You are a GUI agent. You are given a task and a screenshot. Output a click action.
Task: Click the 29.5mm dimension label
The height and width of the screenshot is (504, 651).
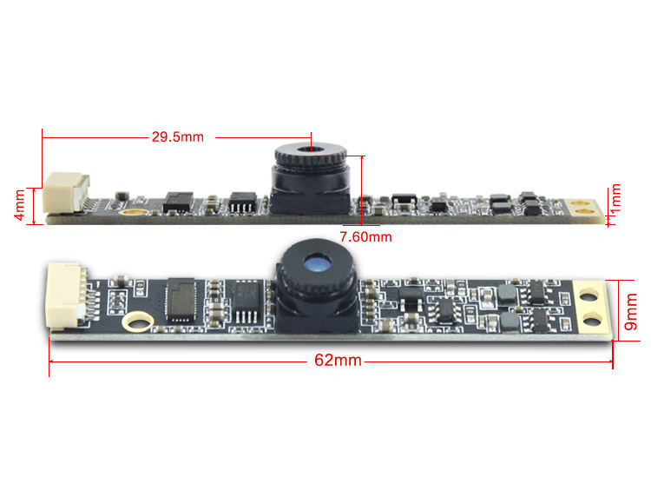177,136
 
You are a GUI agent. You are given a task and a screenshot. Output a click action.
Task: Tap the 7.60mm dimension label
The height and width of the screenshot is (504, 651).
365,236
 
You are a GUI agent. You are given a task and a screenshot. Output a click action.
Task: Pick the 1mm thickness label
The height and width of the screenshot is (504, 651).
615,202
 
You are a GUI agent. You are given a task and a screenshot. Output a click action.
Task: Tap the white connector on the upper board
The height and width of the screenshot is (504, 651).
66,193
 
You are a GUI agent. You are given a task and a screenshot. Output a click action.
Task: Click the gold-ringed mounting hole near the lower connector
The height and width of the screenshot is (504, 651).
135,322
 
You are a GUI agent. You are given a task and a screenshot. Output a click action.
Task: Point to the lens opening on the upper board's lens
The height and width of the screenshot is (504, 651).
311,149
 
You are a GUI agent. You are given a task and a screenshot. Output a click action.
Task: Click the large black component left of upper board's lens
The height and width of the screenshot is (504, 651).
178,202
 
